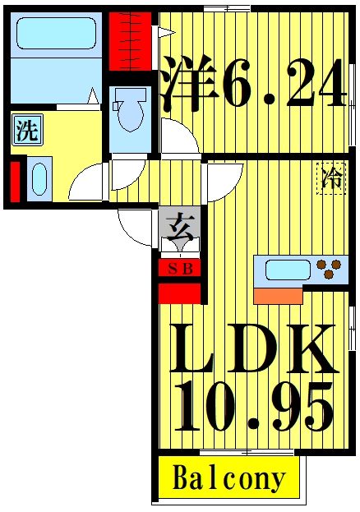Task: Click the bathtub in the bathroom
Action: (56, 33)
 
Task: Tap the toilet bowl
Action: (131, 110)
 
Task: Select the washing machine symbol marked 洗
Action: (27, 130)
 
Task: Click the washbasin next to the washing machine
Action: (39, 179)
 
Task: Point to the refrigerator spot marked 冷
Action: (331, 178)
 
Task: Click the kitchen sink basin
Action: (288, 270)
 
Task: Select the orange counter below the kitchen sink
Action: (278, 296)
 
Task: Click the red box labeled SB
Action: (180, 269)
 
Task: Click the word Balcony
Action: (228, 478)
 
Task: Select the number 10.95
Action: (253, 407)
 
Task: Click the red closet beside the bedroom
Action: (130, 41)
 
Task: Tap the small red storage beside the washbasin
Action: (15, 182)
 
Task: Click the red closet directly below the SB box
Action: (179, 293)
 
